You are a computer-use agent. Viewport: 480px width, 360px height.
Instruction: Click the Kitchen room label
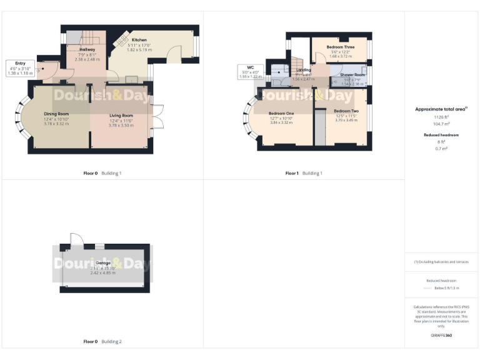pyautogui.click(x=139, y=40)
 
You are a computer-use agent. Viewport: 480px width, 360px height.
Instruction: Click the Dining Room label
pyautogui.click(x=56, y=114)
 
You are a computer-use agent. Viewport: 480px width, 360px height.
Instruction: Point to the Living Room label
pyautogui.click(x=121, y=116)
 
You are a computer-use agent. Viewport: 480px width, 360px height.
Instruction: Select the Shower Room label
pyautogui.click(x=352, y=75)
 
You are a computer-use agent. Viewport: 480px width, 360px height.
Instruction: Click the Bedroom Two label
pyautogui.click(x=346, y=111)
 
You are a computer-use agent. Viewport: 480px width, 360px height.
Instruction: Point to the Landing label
pyautogui.click(x=303, y=71)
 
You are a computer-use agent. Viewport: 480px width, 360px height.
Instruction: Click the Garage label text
pyautogui.click(x=103, y=263)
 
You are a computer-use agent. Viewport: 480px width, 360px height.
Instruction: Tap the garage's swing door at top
pyautogui.click(x=76, y=238)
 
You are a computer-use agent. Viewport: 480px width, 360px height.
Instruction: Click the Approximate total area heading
pyautogui.click(x=441, y=109)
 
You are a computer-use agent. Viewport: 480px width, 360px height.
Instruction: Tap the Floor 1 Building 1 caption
pyautogui.click(x=304, y=173)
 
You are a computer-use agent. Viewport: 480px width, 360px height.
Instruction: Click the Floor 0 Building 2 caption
pyautogui.click(x=102, y=342)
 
